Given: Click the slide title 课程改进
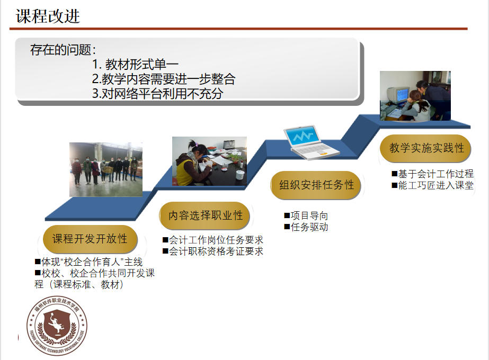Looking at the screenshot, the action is (48, 16).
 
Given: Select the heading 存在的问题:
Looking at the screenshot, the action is (63, 50).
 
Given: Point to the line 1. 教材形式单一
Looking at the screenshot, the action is (135, 65).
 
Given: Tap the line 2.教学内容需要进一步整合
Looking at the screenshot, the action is (164, 79).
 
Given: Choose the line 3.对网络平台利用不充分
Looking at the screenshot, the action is (158, 93).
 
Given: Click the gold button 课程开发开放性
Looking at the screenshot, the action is (90, 239).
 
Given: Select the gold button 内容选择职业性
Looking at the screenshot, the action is (206, 215).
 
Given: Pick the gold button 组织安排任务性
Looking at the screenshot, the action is (316, 185).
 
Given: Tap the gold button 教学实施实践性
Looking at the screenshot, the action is (426, 148).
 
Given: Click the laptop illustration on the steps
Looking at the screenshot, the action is (311, 142).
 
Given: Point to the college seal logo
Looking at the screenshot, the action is (57, 326).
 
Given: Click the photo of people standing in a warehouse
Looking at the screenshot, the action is (106, 169).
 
